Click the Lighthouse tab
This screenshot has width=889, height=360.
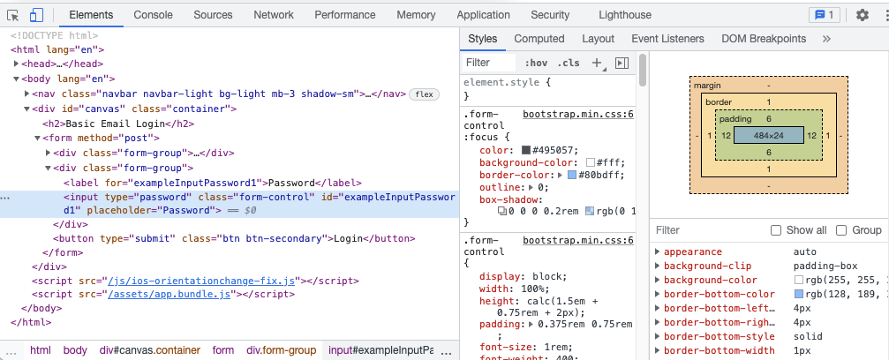pos(625,15)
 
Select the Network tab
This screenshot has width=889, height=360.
pos(274,15)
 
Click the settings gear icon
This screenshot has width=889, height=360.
pos(863,15)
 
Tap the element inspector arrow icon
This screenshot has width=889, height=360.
pos(13,15)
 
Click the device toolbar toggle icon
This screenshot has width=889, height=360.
pos(37,15)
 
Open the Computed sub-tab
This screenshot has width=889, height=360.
pos(539,39)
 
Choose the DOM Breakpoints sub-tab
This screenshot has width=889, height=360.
pos(764,39)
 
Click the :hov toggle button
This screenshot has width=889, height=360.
pos(536,63)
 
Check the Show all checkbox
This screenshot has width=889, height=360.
pos(776,230)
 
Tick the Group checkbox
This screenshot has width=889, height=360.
pos(841,230)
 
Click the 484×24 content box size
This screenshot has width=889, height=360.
pos(768,136)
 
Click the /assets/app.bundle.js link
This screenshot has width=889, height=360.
pos(170,294)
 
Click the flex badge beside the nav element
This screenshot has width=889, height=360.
pos(424,94)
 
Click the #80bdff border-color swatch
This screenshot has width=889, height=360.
pos(572,176)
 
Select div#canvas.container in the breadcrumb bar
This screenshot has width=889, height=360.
pos(150,350)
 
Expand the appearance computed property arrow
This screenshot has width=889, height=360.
pos(657,251)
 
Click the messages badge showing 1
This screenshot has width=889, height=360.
pos(825,15)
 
